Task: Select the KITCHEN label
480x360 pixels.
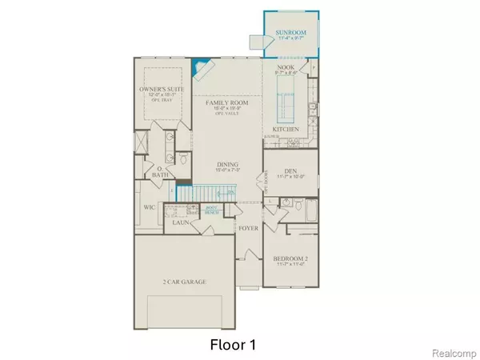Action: pyautogui.click(x=286, y=129)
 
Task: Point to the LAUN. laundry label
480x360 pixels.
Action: pyautogui.click(x=180, y=222)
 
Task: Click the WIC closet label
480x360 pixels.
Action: pyautogui.click(x=149, y=207)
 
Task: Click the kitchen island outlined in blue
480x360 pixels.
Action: pyautogui.click(x=285, y=104)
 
